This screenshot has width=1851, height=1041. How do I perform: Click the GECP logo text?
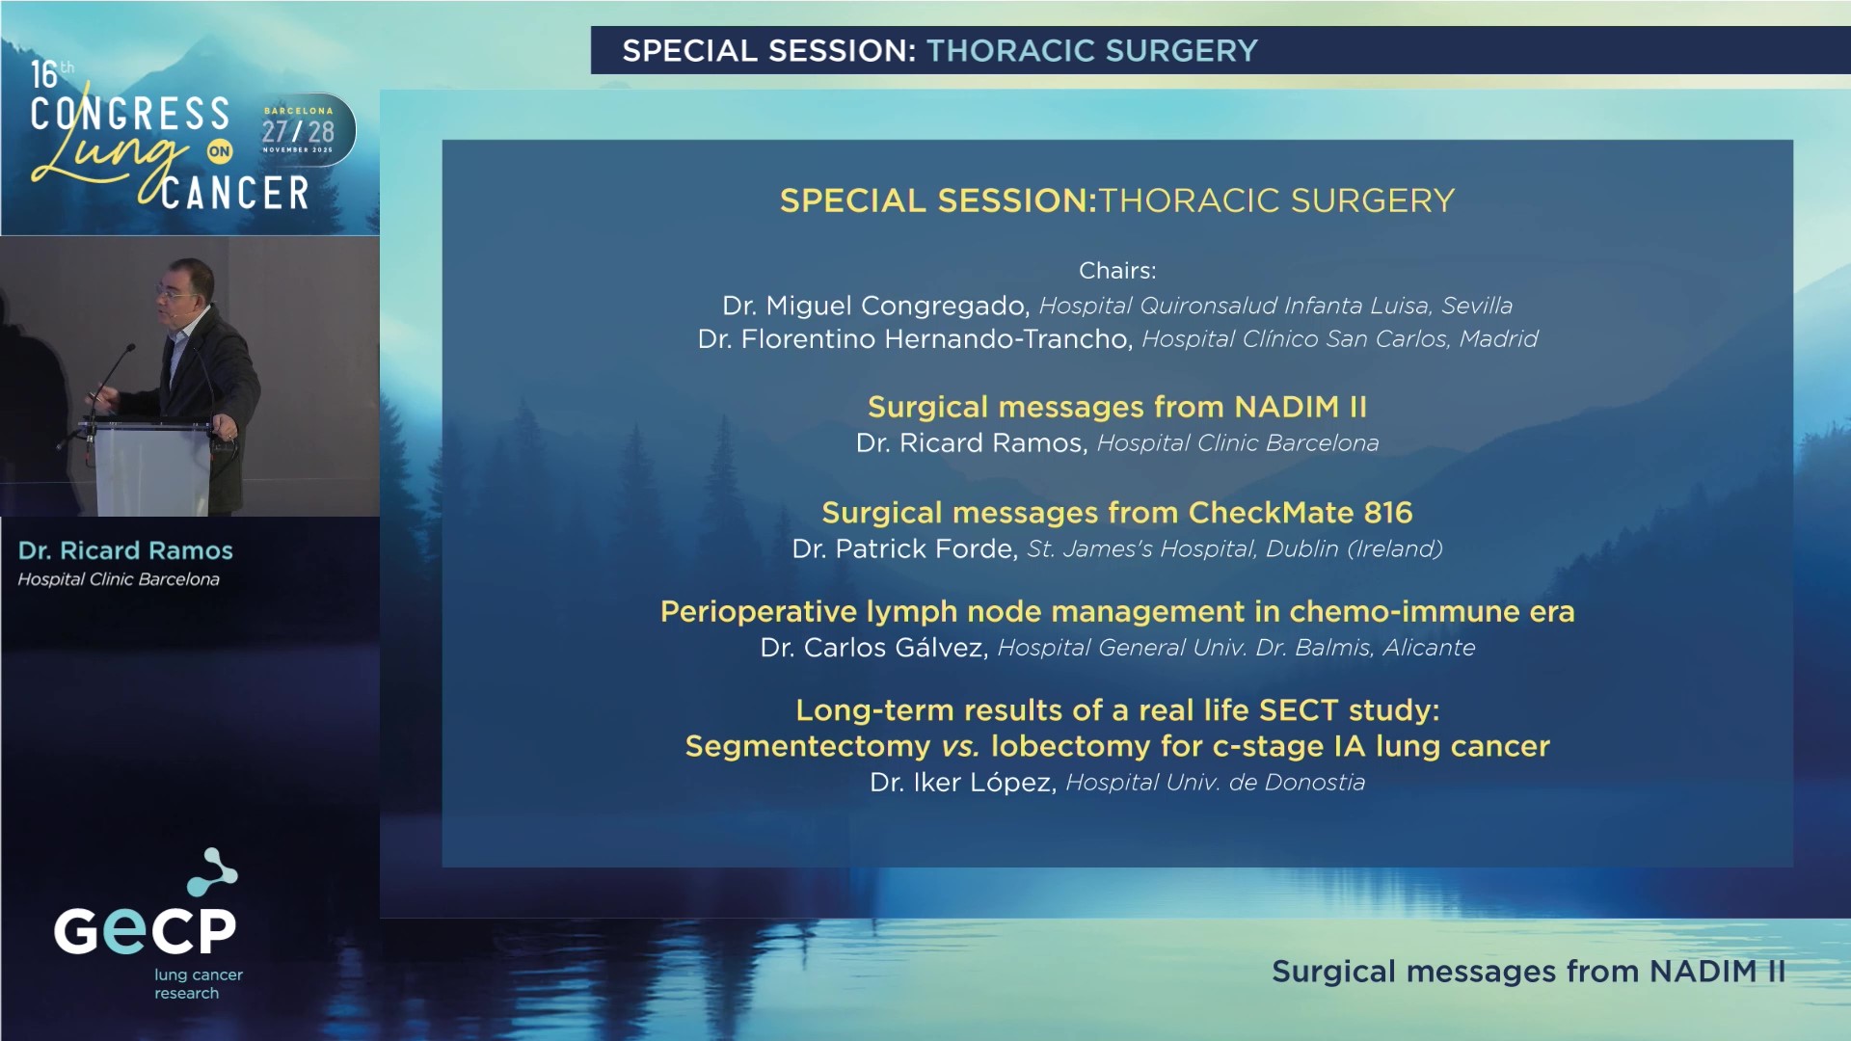(x=145, y=930)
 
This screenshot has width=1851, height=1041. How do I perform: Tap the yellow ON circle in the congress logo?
(x=220, y=151)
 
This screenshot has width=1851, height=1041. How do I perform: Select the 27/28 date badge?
(x=298, y=131)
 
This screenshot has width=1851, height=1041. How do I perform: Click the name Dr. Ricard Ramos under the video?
(x=125, y=550)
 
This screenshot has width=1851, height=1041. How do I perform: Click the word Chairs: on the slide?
(x=1116, y=271)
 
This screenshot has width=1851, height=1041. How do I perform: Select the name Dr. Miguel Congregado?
(x=875, y=306)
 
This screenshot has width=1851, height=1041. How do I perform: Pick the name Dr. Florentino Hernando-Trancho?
(x=913, y=339)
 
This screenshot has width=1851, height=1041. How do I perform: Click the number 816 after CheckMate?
(x=1387, y=513)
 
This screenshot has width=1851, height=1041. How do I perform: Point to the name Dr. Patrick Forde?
(x=904, y=549)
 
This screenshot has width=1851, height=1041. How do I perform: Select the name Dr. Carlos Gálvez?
(x=873, y=648)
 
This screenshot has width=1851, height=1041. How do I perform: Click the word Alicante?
(x=1429, y=648)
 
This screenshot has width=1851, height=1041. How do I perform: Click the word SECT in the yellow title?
(x=1298, y=710)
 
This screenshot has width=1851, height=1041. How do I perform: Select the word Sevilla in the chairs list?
(x=1477, y=306)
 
